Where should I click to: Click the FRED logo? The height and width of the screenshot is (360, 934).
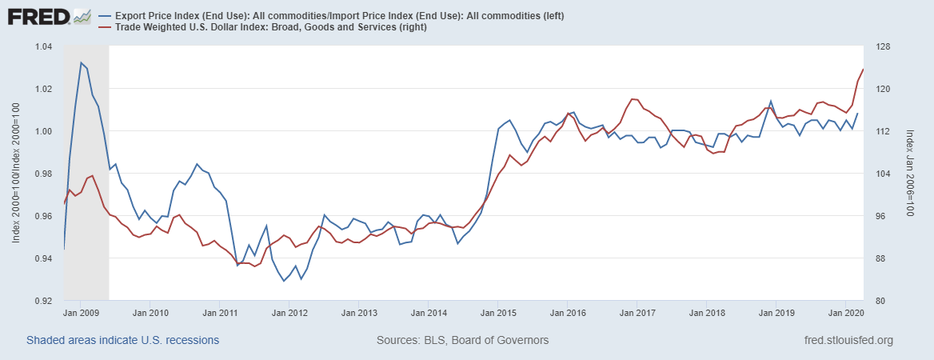pyautogui.click(x=38, y=16)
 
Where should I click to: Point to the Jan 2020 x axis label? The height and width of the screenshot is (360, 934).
pyautogui.click(x=846, y=314)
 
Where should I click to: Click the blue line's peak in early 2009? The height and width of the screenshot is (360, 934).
pyautogui.click(x=82, y=62)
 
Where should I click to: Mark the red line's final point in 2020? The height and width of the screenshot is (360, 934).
pyautogui.click(x=863, y=70)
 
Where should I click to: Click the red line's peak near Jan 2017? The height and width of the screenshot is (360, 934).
pyautogui.click(x=633, y=99)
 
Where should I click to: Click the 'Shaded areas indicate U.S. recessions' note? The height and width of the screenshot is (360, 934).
pyautogui.click(x=122, y=340)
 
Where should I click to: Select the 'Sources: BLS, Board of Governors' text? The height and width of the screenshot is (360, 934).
pyautogui.click(x=462, y=340)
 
